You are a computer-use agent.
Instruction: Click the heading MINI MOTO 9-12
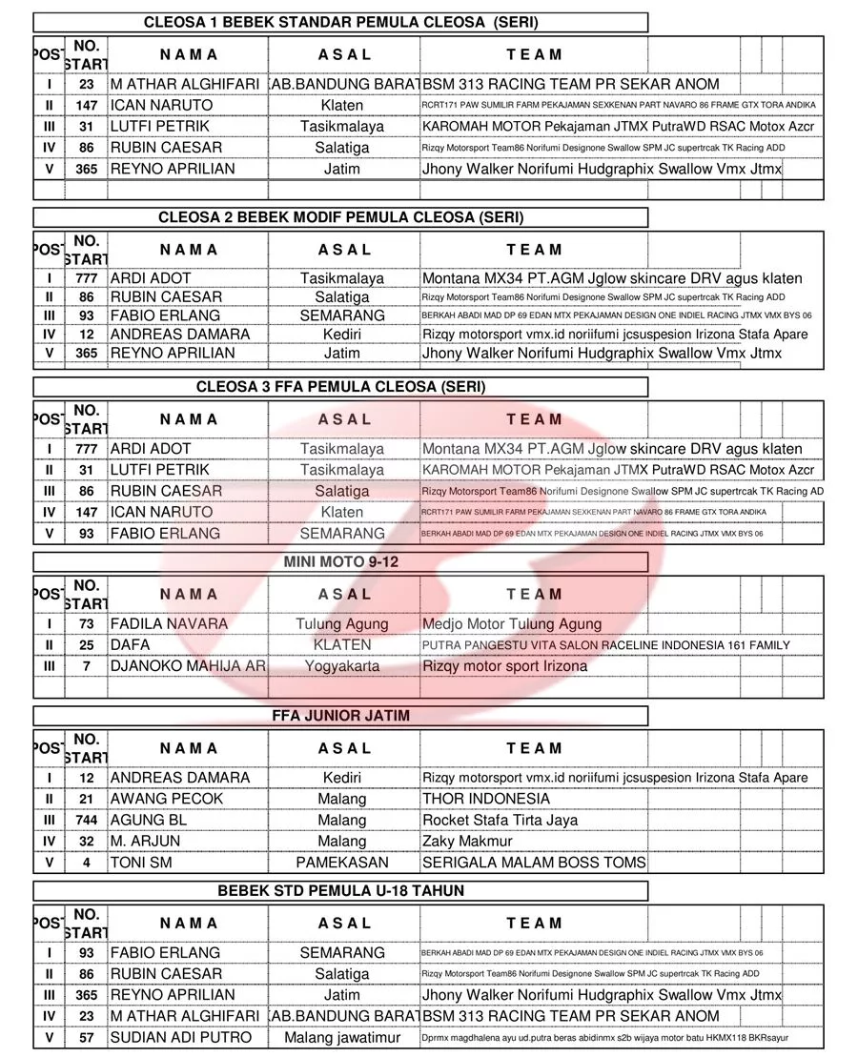pos(340,562)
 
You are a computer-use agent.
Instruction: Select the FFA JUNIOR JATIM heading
pos(340,716)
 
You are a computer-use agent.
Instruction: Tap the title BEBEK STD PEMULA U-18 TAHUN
pos(341,891)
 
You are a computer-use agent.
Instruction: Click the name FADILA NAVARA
pos(169,624)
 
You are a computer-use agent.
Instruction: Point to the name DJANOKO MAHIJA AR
pos(188,666)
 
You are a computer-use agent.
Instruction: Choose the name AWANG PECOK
pos(167,799)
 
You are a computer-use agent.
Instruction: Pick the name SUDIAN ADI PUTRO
pos(181,1037)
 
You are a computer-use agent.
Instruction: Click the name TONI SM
pos(141,863)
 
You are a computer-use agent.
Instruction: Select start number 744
pos(87,821)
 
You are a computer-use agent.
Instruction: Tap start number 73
pos(87,624)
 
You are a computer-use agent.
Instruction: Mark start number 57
pos(87,1037)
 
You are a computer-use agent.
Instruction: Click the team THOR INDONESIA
pos(486,799)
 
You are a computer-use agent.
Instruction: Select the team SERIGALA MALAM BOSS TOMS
pos(534,863)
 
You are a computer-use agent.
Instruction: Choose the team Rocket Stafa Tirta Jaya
pos(500,821)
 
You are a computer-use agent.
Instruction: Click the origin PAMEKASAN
pos(342,863)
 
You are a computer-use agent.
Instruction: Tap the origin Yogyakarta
pos(342,666)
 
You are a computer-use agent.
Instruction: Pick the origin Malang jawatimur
pos(342,1037)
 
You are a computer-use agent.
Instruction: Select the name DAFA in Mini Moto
pos(131,645)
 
